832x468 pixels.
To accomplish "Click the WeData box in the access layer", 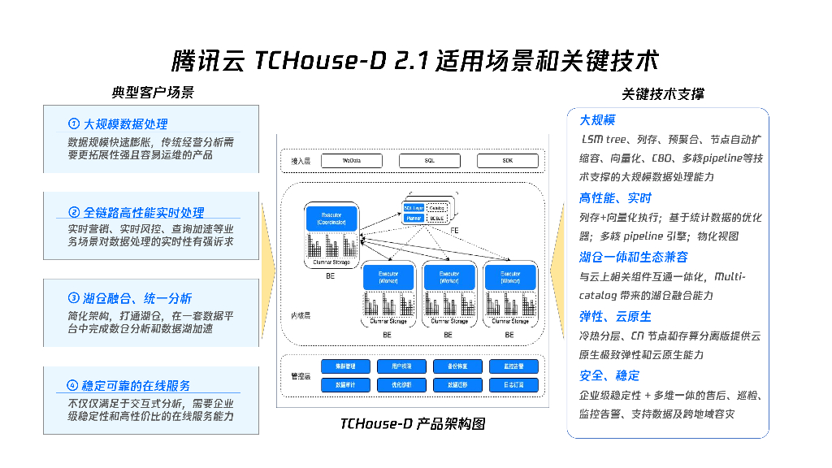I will coord(352,161).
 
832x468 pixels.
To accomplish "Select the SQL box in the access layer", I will coord(430,161).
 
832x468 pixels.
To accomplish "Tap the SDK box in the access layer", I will coord(508,161).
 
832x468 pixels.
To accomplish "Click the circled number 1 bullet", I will coord(74,124).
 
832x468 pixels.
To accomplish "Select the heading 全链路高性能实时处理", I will coord(143,213).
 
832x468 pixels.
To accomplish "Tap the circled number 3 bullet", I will coord(74,297).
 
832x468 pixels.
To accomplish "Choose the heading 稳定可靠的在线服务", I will coord(136,385).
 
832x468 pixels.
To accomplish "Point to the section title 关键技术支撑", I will coord(663,94).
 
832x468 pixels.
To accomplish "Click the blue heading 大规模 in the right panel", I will coord(597,120).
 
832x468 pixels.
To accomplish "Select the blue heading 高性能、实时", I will coord(615,198).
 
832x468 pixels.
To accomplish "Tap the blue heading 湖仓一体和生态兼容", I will coord(634,257).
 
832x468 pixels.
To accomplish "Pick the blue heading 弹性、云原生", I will coord(615,316).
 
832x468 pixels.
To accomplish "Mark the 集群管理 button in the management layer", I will coord(345,366).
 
